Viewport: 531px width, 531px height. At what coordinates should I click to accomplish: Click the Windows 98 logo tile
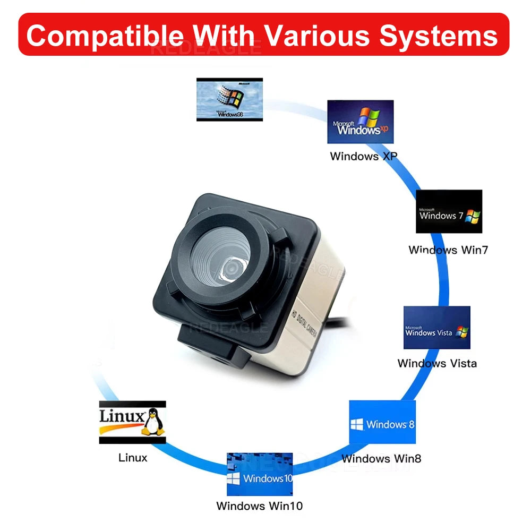(229, 99)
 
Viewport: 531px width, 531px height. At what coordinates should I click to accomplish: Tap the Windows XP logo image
(360, 122)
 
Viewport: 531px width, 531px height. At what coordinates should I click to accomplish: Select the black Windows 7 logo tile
(449, 211)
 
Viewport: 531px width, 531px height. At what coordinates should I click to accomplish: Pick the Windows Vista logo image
(436, 327)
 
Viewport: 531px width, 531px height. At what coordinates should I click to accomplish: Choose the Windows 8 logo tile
(382, 422)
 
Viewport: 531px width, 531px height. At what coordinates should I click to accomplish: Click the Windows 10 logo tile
(260, 474)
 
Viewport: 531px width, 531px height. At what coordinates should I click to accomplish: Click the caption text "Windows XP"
(363, 156)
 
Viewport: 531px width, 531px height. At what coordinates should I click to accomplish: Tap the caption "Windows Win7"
(448, 250)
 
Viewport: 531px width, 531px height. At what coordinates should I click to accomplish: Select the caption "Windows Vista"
(437, 364)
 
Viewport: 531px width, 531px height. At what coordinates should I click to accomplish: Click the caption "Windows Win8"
(381, 458)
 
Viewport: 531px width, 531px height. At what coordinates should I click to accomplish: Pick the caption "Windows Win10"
(259, 506)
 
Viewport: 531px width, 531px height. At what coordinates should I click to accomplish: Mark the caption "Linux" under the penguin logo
(133, 457)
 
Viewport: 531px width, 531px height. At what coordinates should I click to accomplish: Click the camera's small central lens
(231, 269)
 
